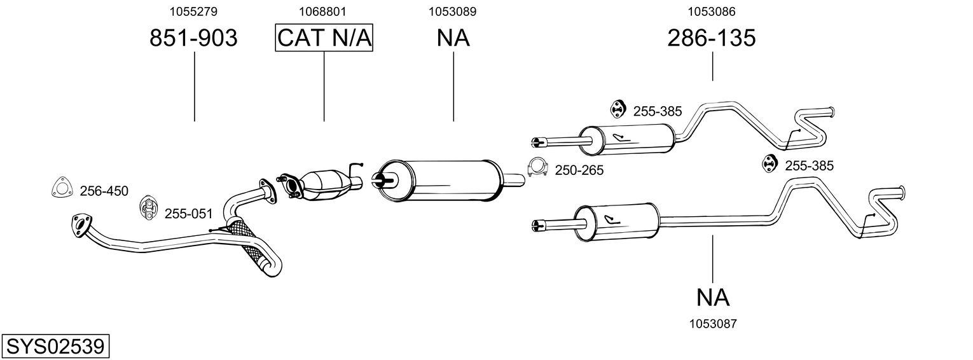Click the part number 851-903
point(193,38)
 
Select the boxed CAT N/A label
point(324,38)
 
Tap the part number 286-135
point(712,38)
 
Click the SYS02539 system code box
point(55,347)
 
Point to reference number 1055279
point(193,11)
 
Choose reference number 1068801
point(322,11)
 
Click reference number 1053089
point(453,11)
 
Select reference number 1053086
point(712,11)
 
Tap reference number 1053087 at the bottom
point(713,324)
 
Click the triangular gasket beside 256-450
point(61,188)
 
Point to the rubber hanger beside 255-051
point(149,207)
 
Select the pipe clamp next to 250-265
point(537,167)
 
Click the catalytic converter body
point(326,185)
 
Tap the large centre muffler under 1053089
point(439,180)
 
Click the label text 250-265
point(579,170)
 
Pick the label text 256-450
point(104,191)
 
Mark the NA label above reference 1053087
point(713,298)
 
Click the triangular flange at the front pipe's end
point(82,225)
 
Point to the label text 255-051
point(188,214)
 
